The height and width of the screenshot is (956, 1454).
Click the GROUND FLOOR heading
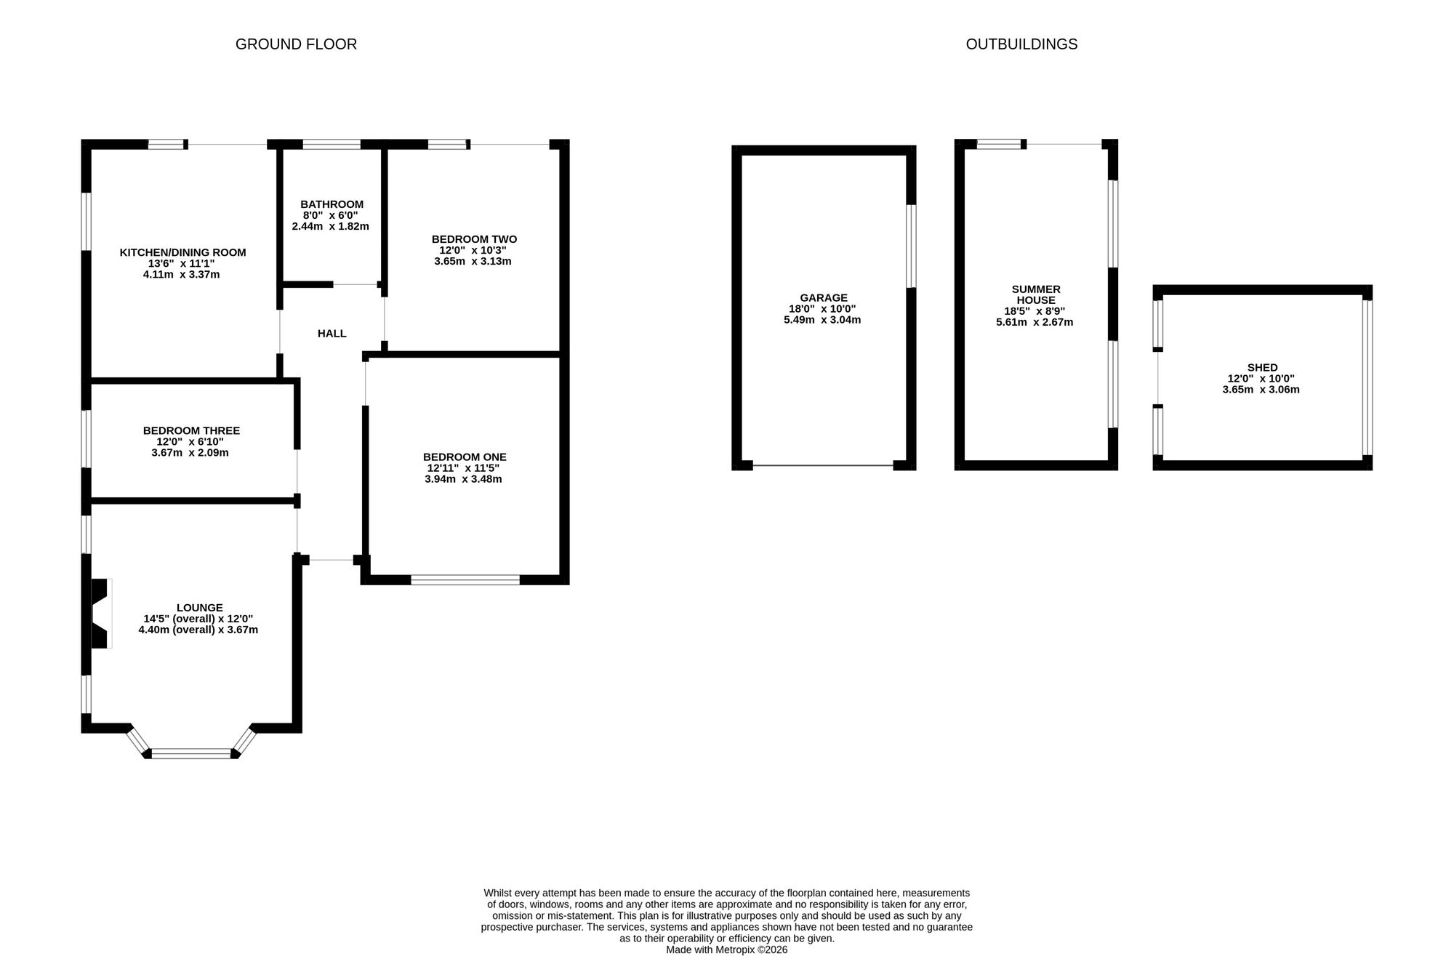point(296,44)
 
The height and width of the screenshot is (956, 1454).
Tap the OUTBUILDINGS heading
point(1021,44)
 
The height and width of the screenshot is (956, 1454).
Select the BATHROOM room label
point(332,204)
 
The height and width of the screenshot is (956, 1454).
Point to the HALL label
point(332,334)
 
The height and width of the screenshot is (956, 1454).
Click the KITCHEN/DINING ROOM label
point(183,253)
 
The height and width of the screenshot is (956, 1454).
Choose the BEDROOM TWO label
point(474,239)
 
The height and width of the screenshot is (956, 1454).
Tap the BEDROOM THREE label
point(191,431)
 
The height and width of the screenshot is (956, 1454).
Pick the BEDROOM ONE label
point(465,457)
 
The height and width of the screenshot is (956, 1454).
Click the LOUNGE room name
point(200,608)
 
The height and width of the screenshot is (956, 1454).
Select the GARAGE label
point(824,298)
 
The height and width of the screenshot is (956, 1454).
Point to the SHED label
point(1262,368)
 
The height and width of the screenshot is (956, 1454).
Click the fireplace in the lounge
point(100,613)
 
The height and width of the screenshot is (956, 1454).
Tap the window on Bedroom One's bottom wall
point(465,579)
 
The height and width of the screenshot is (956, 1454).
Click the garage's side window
point(911,246)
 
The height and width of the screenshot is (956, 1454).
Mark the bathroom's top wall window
point(332,144)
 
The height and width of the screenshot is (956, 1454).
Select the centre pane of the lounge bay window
point(191,753)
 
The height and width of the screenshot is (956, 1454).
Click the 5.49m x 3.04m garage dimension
point(822,320)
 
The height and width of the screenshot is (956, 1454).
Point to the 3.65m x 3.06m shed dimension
point(1261,390)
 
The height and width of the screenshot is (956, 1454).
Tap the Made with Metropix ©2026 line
point(726,949)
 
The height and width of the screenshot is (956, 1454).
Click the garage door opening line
point(823,465)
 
